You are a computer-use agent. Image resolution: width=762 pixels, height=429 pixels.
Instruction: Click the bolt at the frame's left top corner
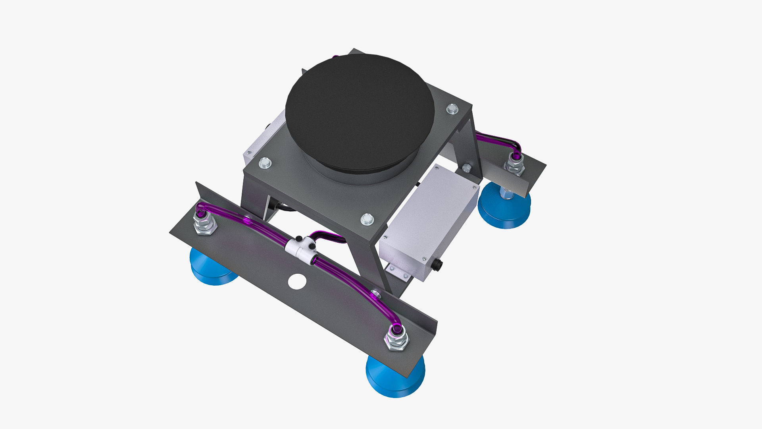[265, 162]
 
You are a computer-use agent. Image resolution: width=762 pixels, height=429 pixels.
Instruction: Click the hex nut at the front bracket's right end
[396, 340]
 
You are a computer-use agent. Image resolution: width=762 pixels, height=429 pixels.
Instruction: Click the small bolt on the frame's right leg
[467, 168]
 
